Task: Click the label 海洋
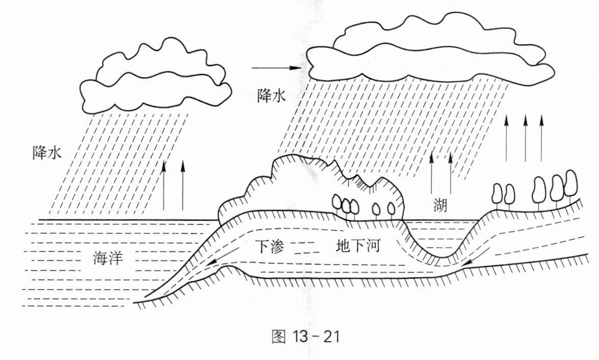108,259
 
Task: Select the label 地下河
358,246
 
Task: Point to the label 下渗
270,247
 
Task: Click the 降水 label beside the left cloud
47,152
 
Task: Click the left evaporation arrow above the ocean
164,185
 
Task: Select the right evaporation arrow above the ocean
182,185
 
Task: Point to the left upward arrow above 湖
431,173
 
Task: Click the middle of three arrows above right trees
525,138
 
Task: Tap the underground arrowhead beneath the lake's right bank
468,262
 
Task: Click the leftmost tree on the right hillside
497,193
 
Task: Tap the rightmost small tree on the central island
391,208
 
